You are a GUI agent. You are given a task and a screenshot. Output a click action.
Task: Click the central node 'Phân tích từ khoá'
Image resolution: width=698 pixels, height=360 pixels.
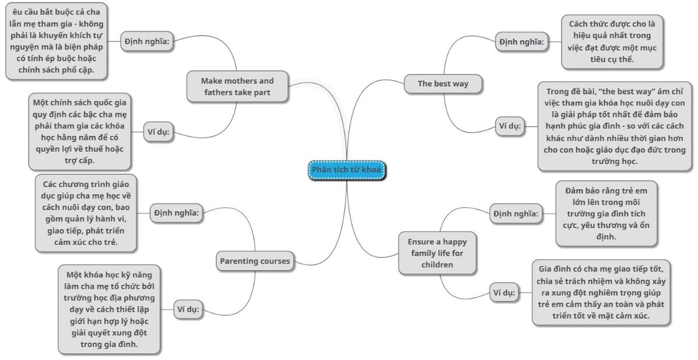click(x=347, y=169)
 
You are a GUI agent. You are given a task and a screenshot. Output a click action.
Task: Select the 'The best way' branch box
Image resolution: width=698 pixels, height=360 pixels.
click(x=443, y=84)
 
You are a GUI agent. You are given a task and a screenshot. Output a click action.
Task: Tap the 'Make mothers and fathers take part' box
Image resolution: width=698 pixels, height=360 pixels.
click(x=237, y=86)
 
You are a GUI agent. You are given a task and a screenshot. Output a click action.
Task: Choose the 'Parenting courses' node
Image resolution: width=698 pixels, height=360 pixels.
click(x=255, y=261)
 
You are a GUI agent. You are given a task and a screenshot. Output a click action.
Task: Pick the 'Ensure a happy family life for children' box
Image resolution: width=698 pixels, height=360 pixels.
click(x=437, y=252)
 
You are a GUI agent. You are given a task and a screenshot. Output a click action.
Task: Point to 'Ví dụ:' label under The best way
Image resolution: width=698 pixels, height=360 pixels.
click(x=510, y=125)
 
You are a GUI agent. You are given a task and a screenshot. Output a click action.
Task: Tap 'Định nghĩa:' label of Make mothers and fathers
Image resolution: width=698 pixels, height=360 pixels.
click(x=148, y=41)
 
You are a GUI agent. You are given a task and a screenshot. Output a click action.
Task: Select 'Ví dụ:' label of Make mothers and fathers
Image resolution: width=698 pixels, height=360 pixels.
click(x=157, y=131)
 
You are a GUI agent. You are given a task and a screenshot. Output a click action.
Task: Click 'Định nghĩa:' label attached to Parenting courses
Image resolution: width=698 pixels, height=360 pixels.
click(x=177, y=213)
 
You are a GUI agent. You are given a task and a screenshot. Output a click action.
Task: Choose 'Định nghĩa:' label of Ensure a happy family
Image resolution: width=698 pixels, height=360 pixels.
click(x=515, y=214)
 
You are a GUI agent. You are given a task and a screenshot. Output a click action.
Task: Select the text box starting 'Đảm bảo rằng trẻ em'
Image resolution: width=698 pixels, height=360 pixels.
click(x=606, y=213)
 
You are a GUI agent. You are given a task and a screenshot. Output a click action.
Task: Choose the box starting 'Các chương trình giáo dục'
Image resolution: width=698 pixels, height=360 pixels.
click(x=86, y=213)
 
